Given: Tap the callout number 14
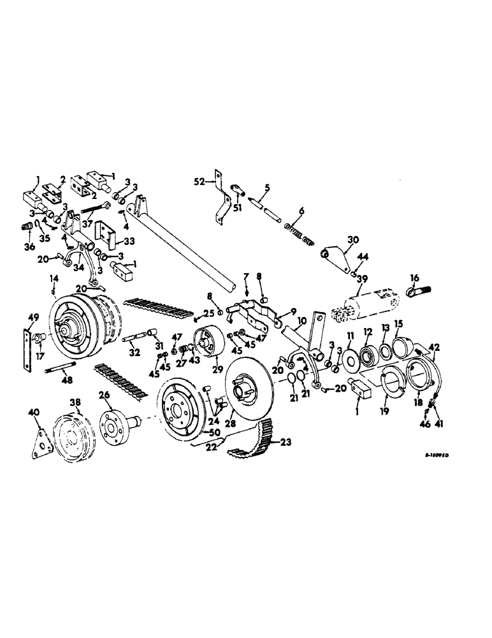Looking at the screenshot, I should click(54, 279).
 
